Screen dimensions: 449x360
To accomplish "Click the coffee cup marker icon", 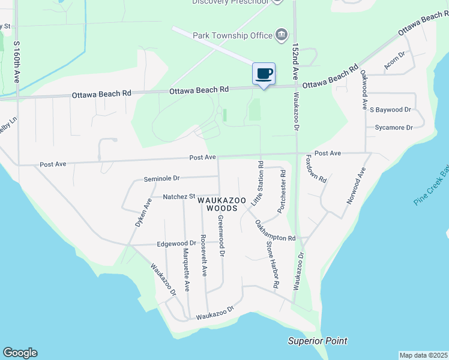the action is pos(264,74).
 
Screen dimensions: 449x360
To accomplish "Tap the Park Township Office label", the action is pos(233,35).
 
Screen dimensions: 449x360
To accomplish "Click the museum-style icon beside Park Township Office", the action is pos(281,35).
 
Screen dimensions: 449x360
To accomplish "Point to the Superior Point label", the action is pos(318,341).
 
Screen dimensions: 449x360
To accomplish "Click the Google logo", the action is pos(20,353).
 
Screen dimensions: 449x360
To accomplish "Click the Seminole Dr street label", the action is pos(162,179).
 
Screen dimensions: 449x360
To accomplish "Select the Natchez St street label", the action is pos(179,196).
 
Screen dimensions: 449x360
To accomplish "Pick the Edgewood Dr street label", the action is pos(176,243).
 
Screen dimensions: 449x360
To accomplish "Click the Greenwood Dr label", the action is pos(221,236).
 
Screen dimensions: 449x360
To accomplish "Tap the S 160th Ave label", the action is pos(17,63).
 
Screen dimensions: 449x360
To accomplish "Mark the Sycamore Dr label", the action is pos(394,128).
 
